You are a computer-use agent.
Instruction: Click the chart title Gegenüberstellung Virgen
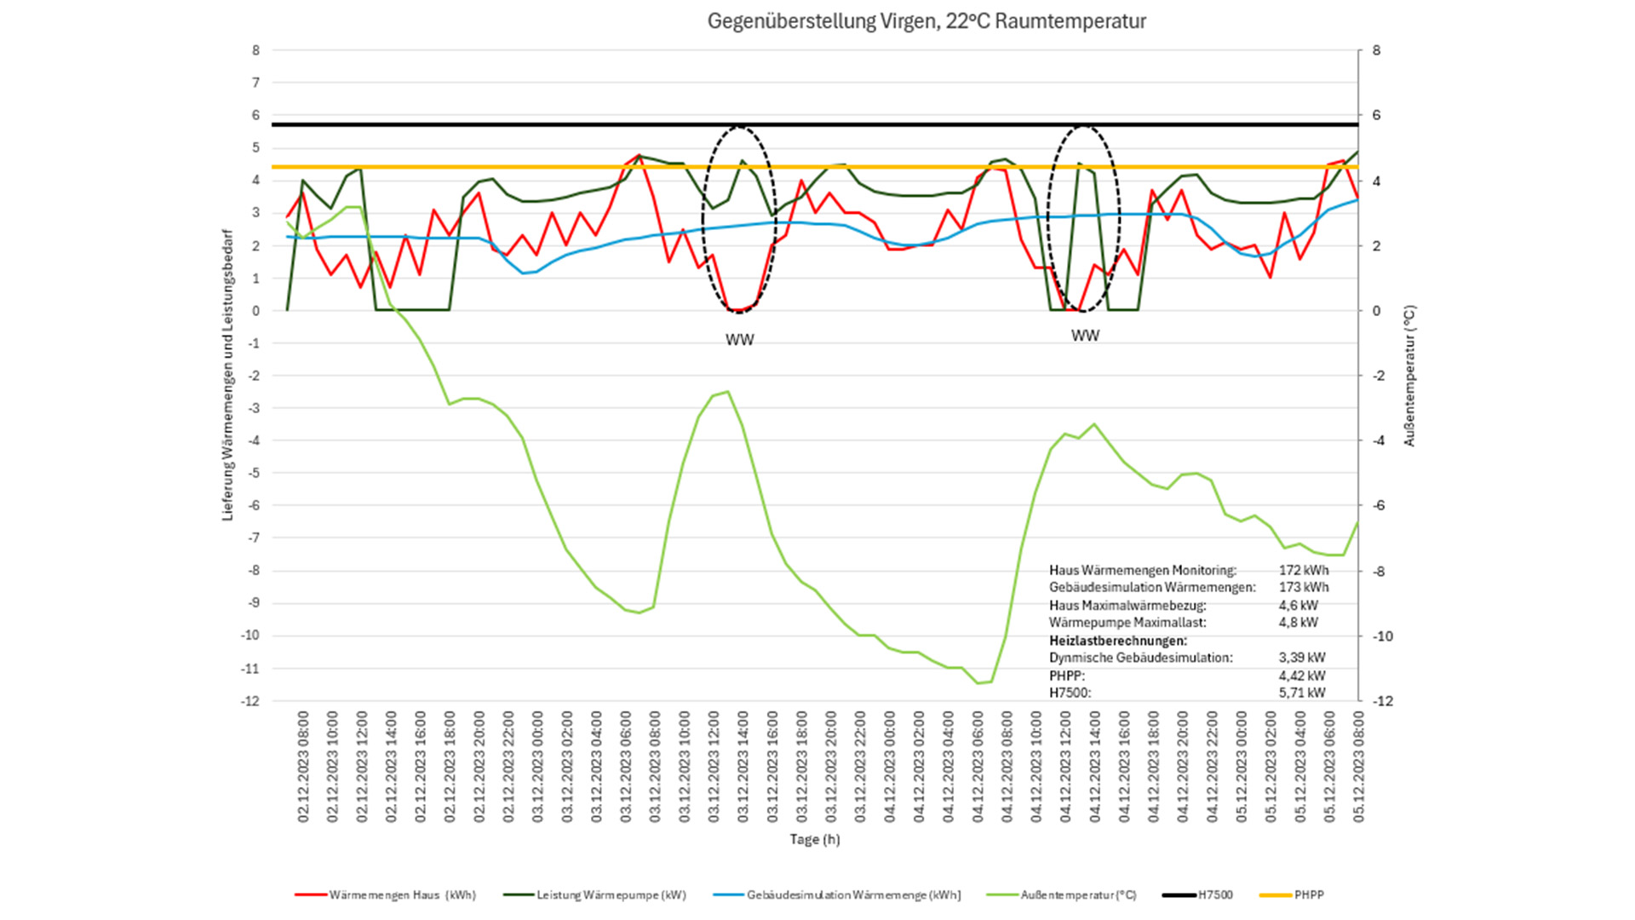[x=926, y=21]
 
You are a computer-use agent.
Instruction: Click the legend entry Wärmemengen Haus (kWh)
[x=401, y=894]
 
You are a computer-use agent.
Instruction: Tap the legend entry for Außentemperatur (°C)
[x=1078, y=894]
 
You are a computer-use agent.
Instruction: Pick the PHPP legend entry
[x=1308, y=894]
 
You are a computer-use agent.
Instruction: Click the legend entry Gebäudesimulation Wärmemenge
[x=853, y=894]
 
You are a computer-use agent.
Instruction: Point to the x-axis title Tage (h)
[x=814, y=839]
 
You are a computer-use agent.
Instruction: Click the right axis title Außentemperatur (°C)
[x=1409, y=376]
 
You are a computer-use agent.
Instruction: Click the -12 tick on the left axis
[x=250, y=701]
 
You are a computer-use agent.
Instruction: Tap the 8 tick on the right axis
[x=1376, y=50]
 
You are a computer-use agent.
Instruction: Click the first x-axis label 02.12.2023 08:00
[x=303, y=767]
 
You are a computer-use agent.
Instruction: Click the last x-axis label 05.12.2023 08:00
[x=1358, y=767]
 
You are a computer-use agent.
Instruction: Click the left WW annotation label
[x=739, y=340]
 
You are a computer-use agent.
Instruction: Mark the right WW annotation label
[x=1085, y=336]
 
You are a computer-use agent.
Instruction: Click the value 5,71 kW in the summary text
[x=1302, y=693]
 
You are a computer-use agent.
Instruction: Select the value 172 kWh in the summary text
[x=1303, y=570]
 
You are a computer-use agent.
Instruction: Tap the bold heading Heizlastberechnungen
[x=1117, y=641]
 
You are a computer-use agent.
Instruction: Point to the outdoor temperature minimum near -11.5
[x=978, y=682]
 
